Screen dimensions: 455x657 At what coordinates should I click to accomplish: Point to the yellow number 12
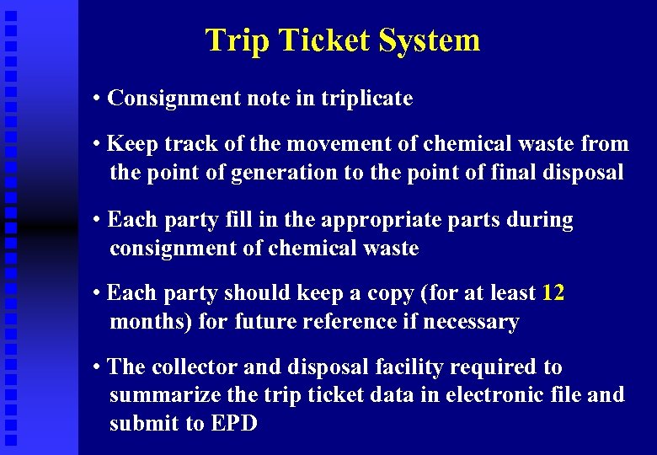pyautogui.click(x=553, y=293)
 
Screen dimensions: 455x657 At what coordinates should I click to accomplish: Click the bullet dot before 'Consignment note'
pyautogui.click(x=99, y=99)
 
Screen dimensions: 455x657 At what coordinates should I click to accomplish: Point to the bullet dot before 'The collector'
pyautogui.click(x=99, y=367)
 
